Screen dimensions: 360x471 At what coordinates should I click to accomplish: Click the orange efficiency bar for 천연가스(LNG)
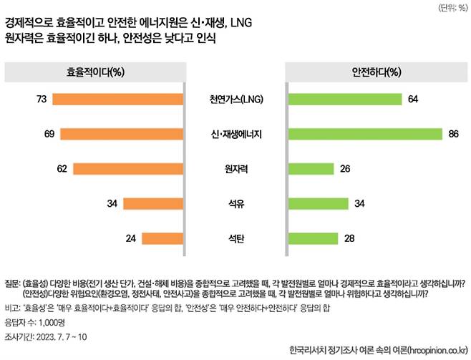tap(117, 99)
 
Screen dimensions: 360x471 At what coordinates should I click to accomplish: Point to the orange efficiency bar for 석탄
tap(162, 238)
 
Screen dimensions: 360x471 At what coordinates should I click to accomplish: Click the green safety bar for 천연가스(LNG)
tap(344, 99)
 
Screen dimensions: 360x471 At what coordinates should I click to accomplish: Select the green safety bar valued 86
tap(364, 134)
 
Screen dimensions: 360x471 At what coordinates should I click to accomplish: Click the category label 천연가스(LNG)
tap(235, 99)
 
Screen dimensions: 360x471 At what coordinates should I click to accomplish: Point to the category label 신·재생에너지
tap(235, 134)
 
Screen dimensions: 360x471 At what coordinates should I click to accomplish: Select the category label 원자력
tap(235, 169)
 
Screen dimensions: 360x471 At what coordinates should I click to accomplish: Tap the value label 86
tap(452, 134)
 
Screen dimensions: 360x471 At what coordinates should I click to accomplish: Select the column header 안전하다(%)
tap(376, 72)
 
